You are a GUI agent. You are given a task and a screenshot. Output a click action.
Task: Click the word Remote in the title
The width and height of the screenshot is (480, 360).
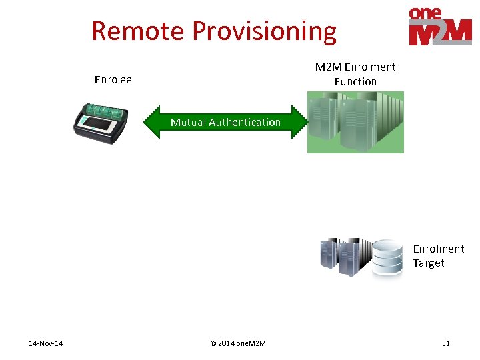coord(138,31)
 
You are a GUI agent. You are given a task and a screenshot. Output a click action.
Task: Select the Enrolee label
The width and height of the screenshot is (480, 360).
coord(113,80)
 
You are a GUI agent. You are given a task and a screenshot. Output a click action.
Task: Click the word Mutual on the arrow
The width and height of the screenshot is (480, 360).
coord(188,122)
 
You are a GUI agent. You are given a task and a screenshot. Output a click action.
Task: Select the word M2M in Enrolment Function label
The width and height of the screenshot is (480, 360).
coord(328,67)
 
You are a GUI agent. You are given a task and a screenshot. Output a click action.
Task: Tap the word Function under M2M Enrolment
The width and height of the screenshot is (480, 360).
coord(355,81)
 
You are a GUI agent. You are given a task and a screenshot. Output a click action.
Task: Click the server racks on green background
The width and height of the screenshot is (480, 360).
coord(355,123)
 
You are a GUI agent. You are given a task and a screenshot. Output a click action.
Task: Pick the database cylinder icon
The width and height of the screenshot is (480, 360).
coord(387,257)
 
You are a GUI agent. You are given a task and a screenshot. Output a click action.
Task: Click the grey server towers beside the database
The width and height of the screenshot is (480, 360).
coord(343,256)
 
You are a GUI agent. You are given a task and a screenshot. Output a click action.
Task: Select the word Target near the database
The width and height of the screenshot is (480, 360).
coord(428,263)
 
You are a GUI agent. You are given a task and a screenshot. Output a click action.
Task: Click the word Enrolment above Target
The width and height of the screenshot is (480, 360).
coord(438,249)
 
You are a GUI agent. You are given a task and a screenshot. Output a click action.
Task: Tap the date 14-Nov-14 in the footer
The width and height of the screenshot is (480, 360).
coord(46,343)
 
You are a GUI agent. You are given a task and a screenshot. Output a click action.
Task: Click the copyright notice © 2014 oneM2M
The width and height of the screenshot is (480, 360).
coord(237,343)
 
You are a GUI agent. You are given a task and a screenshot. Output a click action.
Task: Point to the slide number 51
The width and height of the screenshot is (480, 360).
coord(445,343)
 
